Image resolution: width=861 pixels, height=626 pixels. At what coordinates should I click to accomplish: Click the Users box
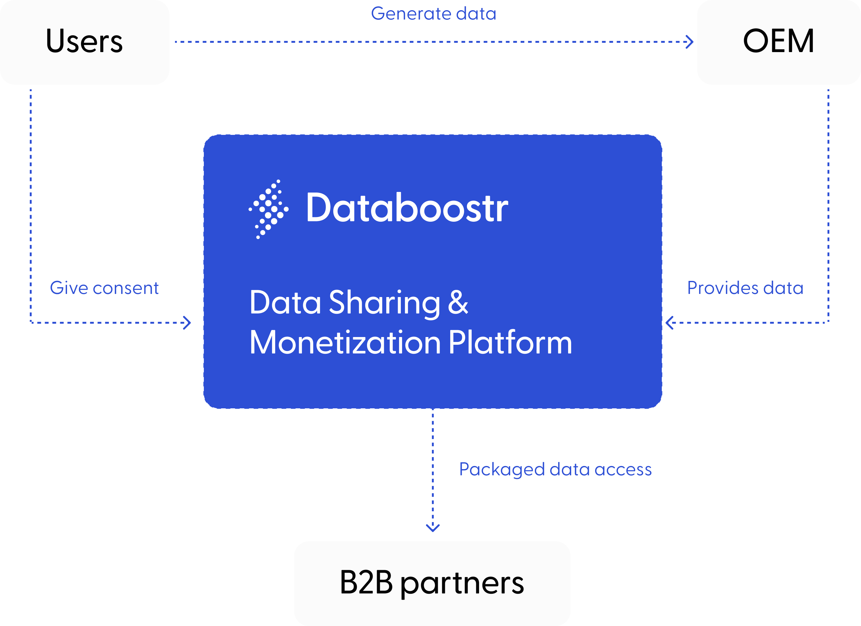pyautogui.click(x=84, y=42)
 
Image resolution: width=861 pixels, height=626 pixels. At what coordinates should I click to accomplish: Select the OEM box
pyautogui.click(x=778, y=42)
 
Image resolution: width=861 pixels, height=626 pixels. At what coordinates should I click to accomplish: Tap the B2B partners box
pyautogui.click(x=432, y=583)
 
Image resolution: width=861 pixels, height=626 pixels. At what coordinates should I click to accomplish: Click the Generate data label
pyautogui.click(x=433, y=14)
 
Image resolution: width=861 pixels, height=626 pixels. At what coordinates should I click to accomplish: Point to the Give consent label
pyautogui.click(x=104, y=288)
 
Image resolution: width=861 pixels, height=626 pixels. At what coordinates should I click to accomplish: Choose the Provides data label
pyautogui.click(x=745, y=288)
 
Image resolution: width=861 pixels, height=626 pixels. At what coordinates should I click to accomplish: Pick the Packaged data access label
pyautogui.click(x=555, y=470)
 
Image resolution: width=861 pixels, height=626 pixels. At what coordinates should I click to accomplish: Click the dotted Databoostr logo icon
pyautogui.click(x=269, y=209)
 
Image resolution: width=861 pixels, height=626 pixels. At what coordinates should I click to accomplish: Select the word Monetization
pyautogui.click(x=345, y=343)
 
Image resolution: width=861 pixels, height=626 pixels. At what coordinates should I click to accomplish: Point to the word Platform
pyautogui.click(x=510, y=343)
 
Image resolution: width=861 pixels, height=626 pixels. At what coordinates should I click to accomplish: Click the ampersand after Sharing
pyautogui.click(x=458, y=302)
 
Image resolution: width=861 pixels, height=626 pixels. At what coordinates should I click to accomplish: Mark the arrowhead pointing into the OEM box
pyautogui.click(x=689, y=42)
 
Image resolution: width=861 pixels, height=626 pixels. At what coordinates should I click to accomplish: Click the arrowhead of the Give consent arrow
pyautogui.click(x=187, y=323)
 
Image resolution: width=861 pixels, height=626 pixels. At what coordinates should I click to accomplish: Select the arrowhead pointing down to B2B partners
pyautogui.click(x=433, y=527)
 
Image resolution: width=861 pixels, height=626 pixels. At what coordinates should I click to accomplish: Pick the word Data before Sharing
pyautogui.click(x=285, y=303)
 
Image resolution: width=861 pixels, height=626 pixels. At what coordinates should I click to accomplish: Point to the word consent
pyautogui.click(x=126, y=288)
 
